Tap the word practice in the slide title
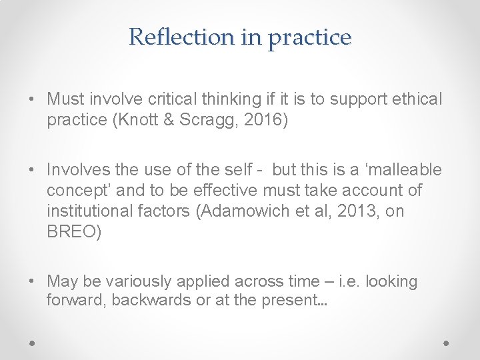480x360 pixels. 309,38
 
